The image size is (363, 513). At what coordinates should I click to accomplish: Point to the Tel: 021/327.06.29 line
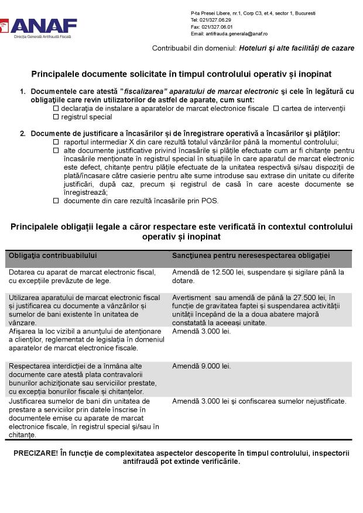point(211,20)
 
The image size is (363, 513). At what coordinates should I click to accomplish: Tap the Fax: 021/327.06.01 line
point(211,27)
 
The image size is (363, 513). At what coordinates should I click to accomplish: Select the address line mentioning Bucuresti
point(253,13)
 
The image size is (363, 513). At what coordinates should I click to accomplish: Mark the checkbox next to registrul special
point(56,117)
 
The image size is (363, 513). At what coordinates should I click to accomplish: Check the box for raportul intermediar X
point(56,142)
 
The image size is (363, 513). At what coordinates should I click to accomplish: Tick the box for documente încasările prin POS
point(56,201)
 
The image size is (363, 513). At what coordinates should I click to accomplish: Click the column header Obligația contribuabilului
point(52,256)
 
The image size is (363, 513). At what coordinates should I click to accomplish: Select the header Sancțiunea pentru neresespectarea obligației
point(251,256)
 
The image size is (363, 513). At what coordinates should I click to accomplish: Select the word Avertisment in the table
point(191,298)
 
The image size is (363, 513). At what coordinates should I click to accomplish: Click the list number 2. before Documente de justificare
point(23,134)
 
